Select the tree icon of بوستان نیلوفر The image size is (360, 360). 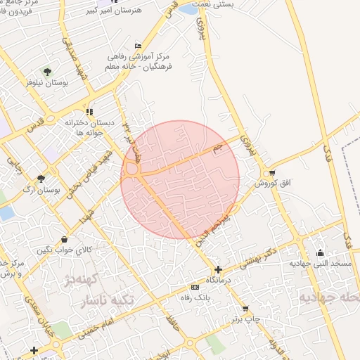[47, 72]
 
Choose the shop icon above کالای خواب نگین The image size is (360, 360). [65, 239]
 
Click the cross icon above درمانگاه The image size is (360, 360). [218, 269]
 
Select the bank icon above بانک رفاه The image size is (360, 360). [195, 287]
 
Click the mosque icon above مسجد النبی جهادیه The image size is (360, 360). [321, 253]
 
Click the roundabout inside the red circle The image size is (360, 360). [131, 169]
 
